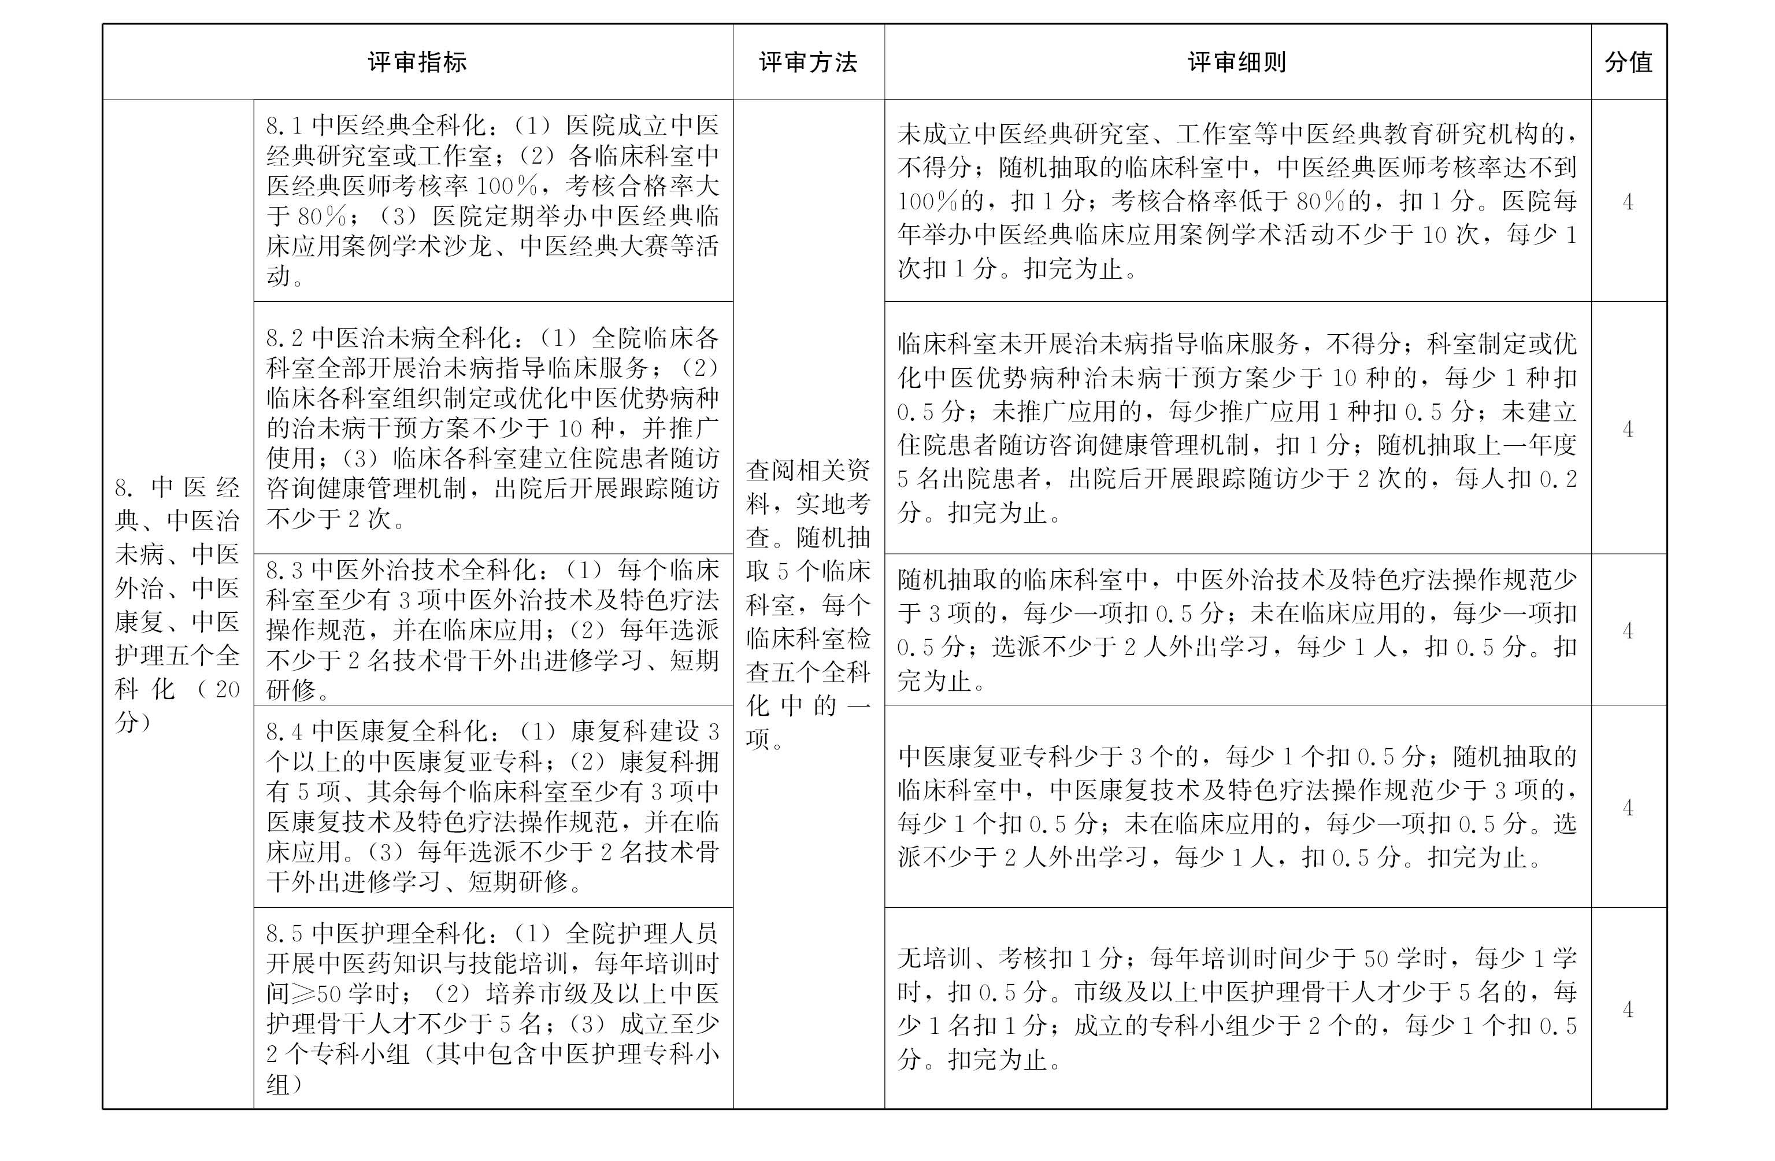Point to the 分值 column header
pyautogui.click(x=1628, y=62)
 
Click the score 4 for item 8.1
pyautogui.click(x=1628, y=201)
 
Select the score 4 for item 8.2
pyautogui.click(x=1628, y=428)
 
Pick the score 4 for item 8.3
pyautogui.click(x=1628, y=630)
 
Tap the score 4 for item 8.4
pyautogui.click(x=1628, y=807)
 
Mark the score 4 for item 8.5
pyautogui.click(x=1628, y=1009)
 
